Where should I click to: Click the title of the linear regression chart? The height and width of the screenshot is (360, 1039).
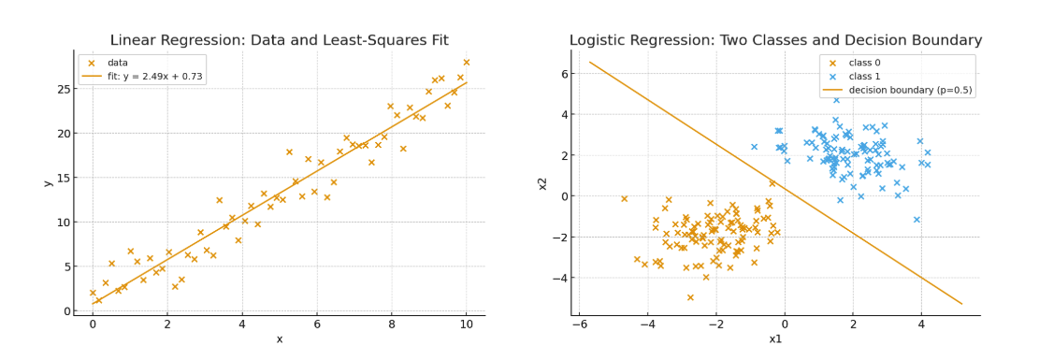[280, 40]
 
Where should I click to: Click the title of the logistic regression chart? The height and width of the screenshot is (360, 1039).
[776, 40]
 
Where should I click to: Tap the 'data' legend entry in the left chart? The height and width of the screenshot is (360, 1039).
[107, 63]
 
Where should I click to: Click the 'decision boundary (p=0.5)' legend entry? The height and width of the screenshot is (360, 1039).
[897, 91]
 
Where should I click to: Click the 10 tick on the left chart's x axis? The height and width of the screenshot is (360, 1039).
[466, 324]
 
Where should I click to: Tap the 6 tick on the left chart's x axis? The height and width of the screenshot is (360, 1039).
[317, 324]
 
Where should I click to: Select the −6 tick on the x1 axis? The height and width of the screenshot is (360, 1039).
[580, 324]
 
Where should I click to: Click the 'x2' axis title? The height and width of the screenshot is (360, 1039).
[542, 182]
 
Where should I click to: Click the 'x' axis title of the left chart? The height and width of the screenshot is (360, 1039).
[280, 339]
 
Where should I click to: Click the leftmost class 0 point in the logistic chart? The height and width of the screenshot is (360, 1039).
[624, 198]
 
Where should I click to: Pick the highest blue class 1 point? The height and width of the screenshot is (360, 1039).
[836, 100]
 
